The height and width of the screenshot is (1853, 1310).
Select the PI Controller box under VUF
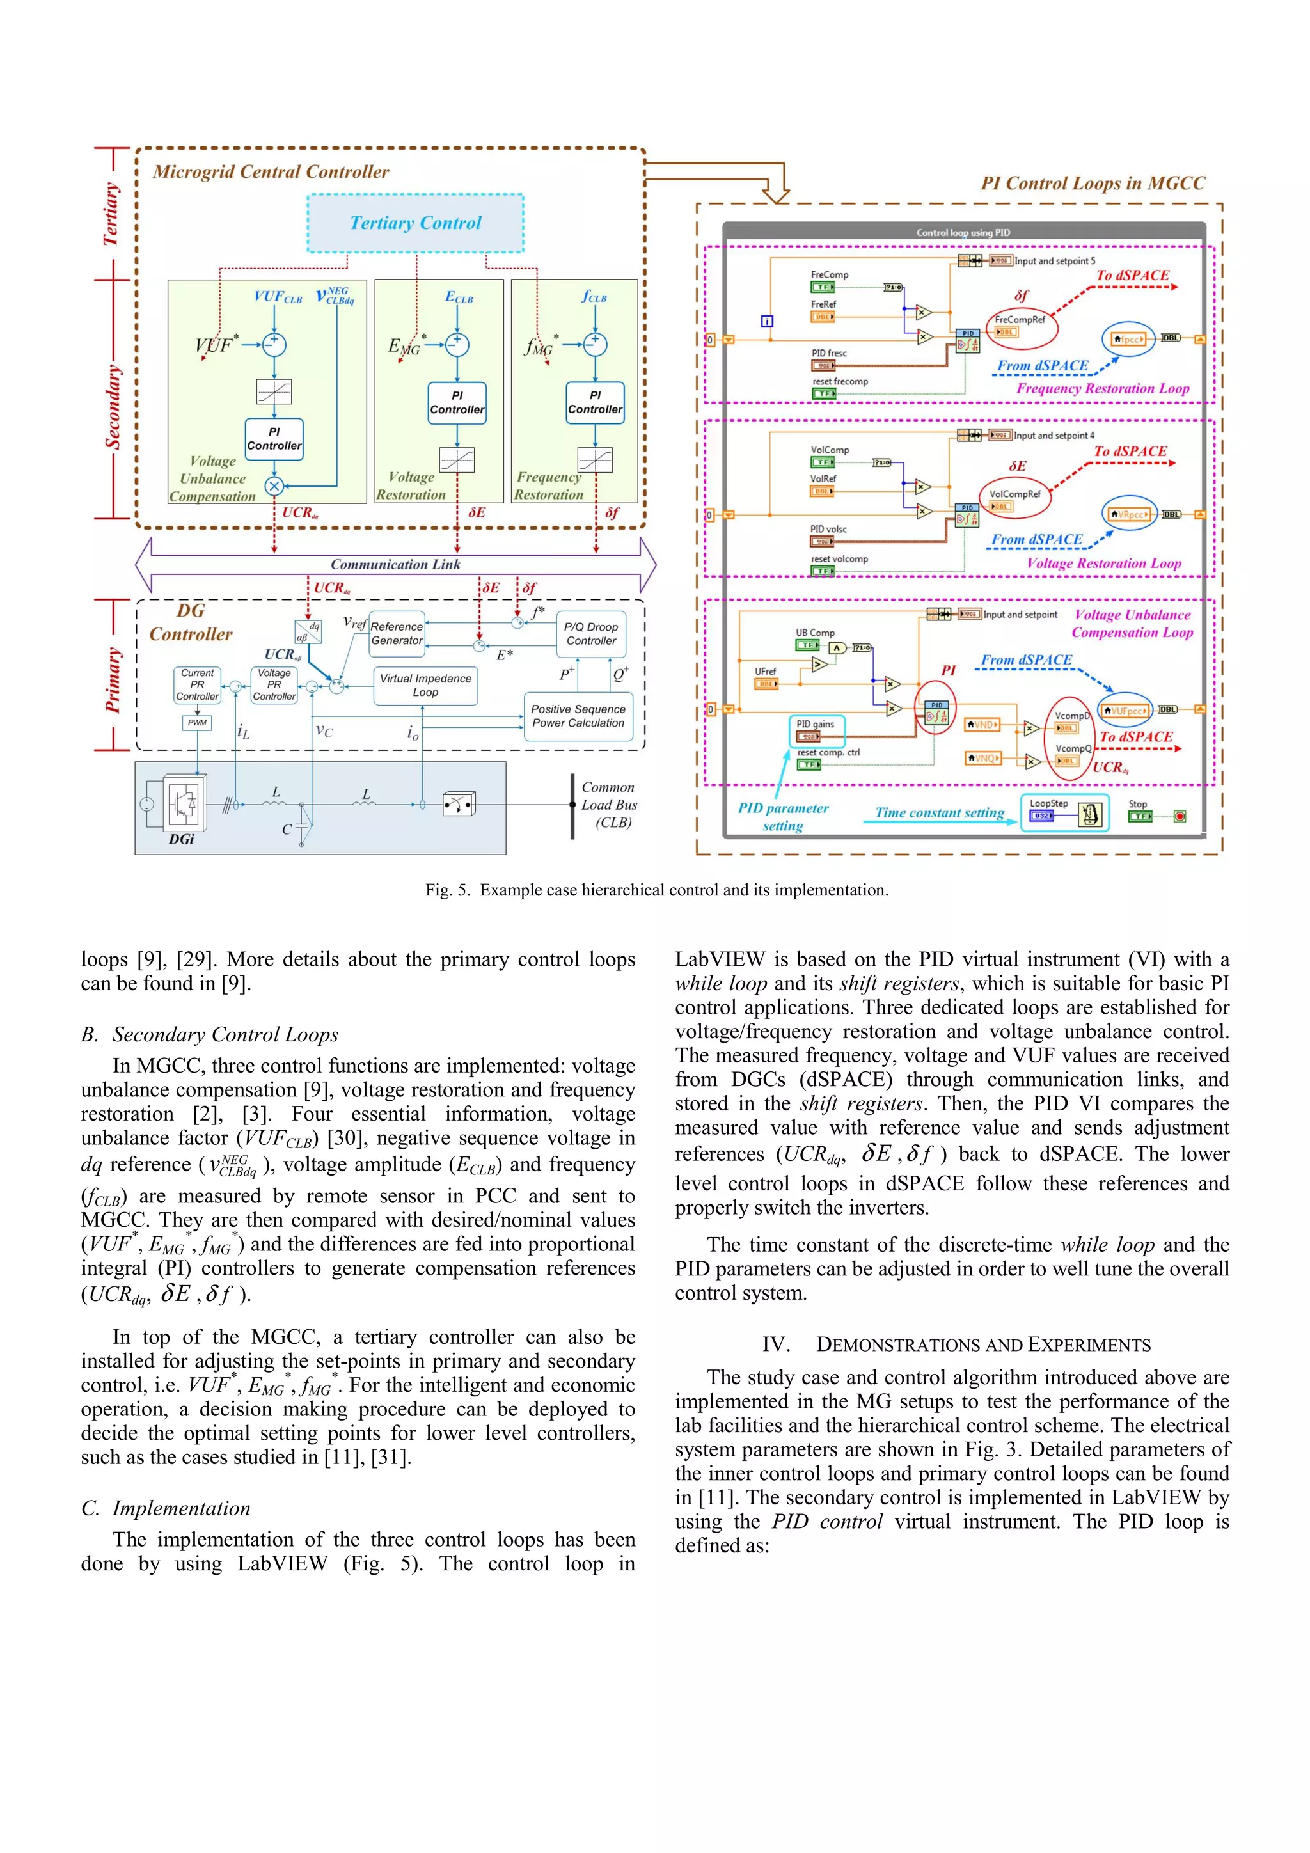click(274, 439)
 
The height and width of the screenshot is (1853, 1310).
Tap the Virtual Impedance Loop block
click(425, 685)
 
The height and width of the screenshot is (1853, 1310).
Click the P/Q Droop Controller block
click(591, 633)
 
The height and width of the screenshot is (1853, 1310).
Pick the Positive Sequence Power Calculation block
click(578, 716)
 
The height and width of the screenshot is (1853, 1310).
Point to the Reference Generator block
click(397, 633)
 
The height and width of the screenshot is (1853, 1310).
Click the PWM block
click(197, 722)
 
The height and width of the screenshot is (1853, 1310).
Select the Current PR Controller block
click(197, 684)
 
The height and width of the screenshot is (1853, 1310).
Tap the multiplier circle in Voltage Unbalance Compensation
click(274, 486)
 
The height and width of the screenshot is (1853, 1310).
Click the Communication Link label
click(395, 564)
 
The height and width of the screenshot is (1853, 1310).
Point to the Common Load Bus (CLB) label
click(610, 805)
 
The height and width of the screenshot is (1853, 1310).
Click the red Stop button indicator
click(1180, 817)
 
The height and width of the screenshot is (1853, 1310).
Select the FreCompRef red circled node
click(1021, 324)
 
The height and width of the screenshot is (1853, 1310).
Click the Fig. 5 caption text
click(656, 890)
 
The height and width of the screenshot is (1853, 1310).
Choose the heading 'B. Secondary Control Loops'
click(210, 1035)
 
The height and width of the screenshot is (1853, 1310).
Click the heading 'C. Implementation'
click(166, 1508)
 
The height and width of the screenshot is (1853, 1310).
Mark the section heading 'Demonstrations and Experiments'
click(956, 1344)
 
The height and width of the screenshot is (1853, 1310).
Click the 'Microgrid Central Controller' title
click(271, 172)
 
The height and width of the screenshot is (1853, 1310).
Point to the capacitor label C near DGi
click(287, 829)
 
